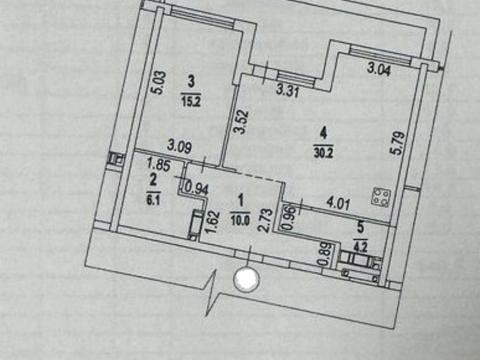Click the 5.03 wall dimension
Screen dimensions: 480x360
pos(159,83)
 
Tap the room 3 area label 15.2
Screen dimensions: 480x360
pos(191,101)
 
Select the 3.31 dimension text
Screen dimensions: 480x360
pos(288,91)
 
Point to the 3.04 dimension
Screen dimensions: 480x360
pos(379,70)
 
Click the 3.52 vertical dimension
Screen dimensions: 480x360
pos(241,122)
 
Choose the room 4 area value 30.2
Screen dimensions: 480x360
pos(323,152)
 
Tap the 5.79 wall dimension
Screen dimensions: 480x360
pos(398,143)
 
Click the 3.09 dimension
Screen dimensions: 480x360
pos(179,146)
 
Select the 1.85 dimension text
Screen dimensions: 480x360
pos(159,165)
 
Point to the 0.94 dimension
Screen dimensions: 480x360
pos(197,189)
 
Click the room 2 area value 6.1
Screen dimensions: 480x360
pos(153,201)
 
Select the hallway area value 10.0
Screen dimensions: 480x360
pos(240,220)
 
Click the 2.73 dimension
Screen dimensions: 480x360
pos(266,220)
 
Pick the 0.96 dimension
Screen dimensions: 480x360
pos(289,218)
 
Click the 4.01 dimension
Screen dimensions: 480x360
pos(338,203)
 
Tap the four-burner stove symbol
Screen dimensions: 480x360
pos(381,197)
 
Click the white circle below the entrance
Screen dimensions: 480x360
pos(246,279)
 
